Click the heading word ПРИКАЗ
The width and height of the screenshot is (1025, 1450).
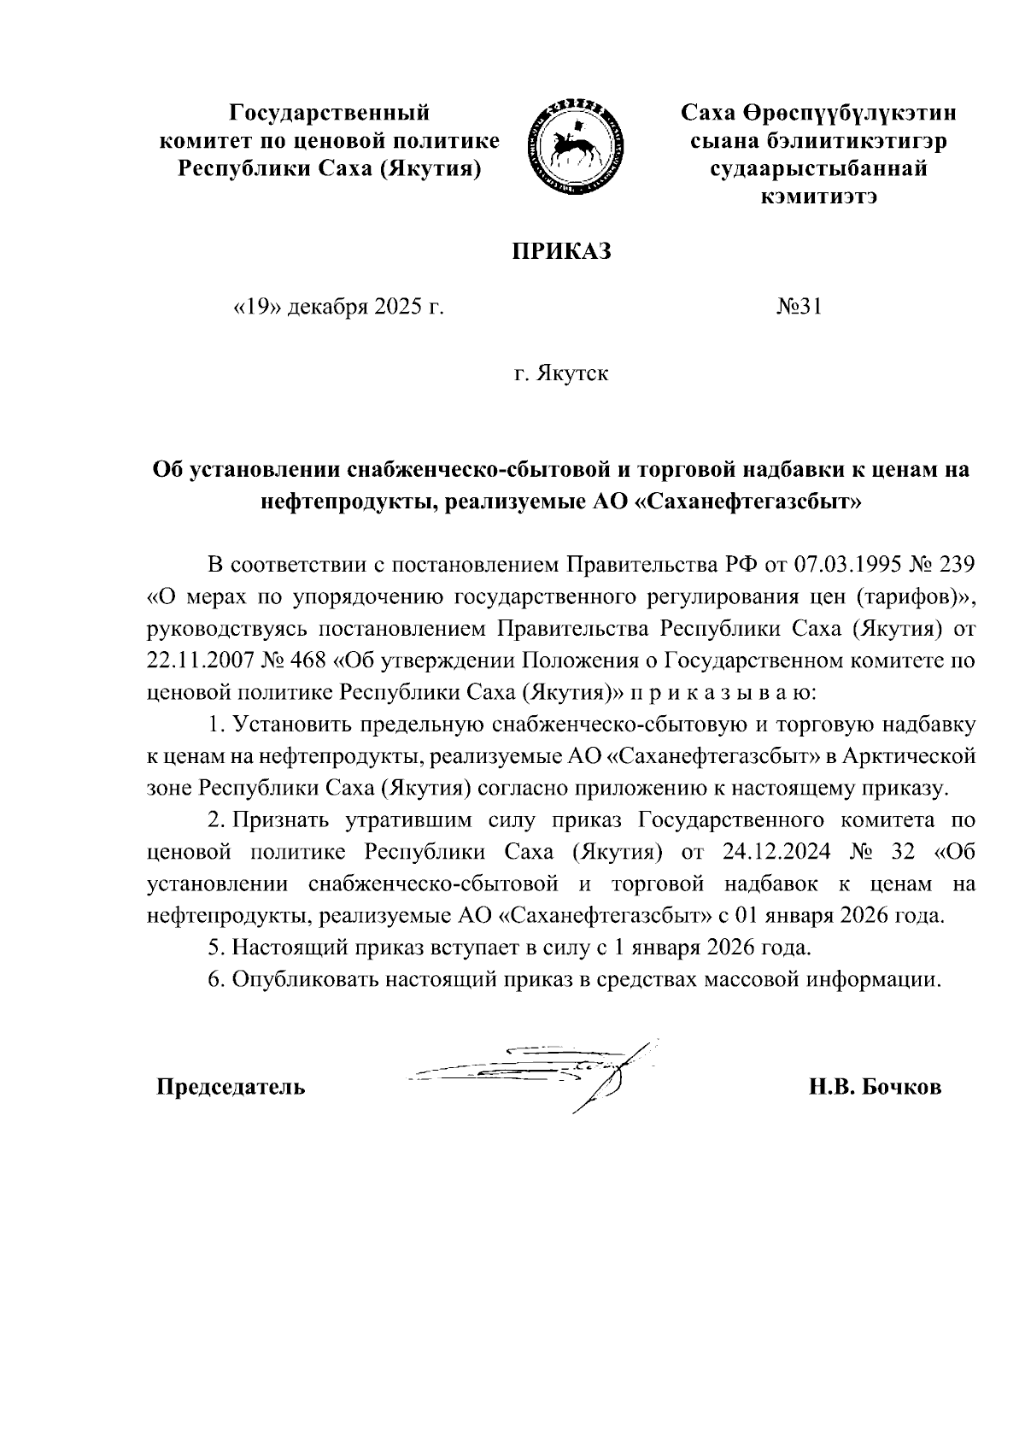pos(562,252)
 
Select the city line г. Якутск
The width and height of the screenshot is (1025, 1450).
pos(561,373)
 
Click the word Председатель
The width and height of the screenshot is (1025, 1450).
pos(230,1087)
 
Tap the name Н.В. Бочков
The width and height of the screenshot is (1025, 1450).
pos(876,1087)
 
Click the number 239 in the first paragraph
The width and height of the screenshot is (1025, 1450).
pos(956,565)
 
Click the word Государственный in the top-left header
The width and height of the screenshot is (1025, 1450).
pos(330,112)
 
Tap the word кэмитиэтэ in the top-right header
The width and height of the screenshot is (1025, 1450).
pos(819,197)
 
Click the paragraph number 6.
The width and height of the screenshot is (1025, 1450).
pos(215,979)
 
